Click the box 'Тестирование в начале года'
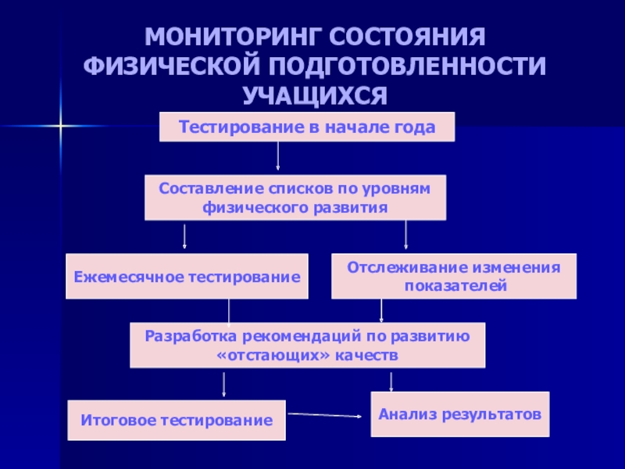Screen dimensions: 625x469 pyautogui.click(x=306, y=127)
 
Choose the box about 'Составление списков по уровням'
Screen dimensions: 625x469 pyautogui.click(x=295, y=198)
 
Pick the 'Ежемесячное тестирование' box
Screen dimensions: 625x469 pyautogui.click(x=187, y=277)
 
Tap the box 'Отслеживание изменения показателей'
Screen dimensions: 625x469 pyautogui.click(x=454, y=277)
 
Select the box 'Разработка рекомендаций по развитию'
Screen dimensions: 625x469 pyautogui.click(x=307, y=345)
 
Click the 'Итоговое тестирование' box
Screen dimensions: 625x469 pyautogui.click(x=177, y=421)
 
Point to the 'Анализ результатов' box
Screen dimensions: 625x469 pyautogui.click(x=459, y=414)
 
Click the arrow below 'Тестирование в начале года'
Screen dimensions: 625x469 pyautogui.click(x=278, y=156)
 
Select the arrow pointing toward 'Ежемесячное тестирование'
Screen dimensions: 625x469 pyautogui.click(x=185, y=236)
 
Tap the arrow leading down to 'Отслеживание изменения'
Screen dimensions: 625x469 pyautogui.click(x=405, y=236)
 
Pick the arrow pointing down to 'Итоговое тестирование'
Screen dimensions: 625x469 pyautogui.click(x=224, y=385)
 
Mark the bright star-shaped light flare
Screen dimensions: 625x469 pyautogui.click(x=60, y=125)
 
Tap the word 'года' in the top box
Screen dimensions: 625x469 pyautogui.click(x=415, y=127)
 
